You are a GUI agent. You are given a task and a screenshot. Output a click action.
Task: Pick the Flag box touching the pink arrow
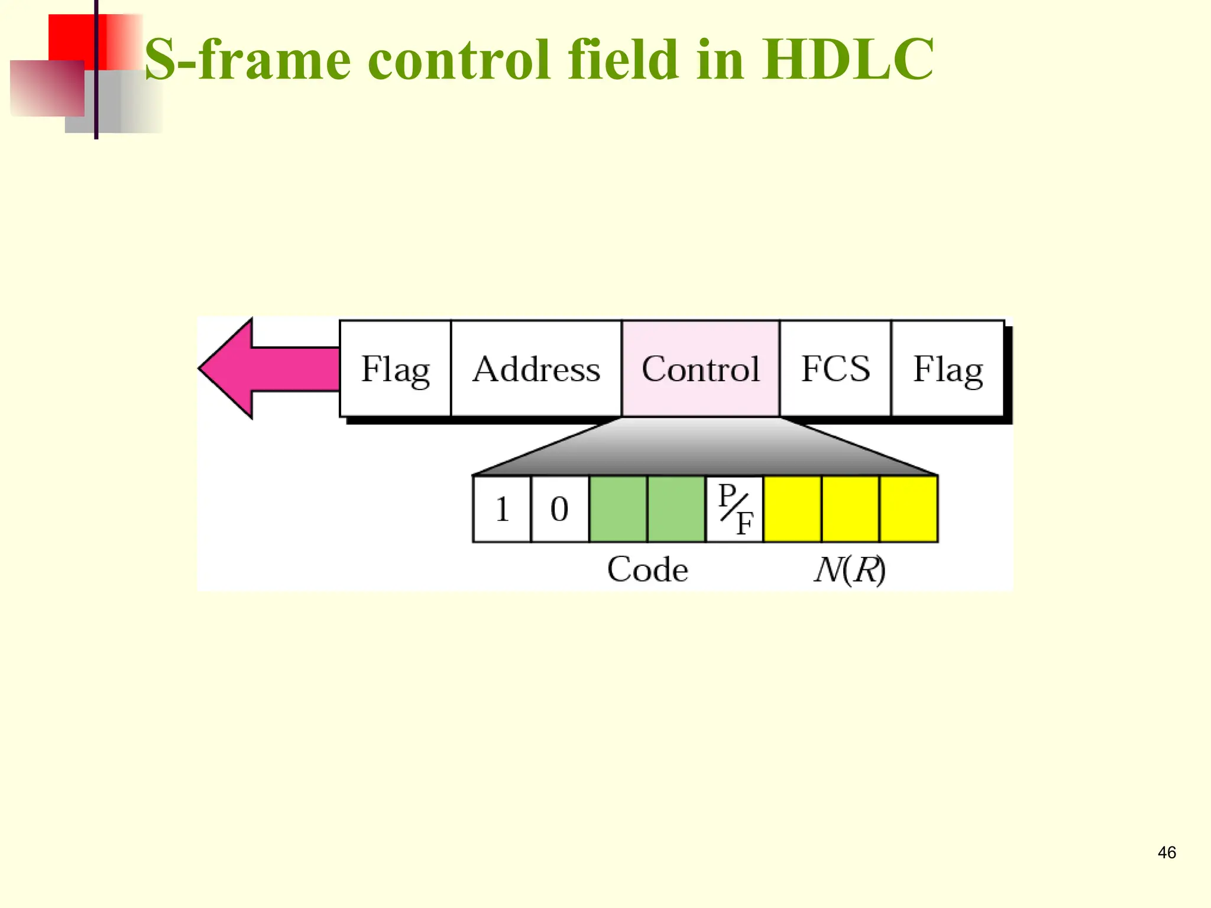point(395,369)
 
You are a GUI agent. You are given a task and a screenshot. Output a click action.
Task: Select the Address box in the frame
point(536,369)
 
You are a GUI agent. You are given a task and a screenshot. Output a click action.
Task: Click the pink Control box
point(701,369)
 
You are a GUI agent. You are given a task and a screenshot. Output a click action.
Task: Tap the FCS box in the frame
point(835,369)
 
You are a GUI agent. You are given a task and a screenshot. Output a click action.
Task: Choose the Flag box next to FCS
point(947,369)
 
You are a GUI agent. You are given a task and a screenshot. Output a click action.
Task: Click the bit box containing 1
point(502,509)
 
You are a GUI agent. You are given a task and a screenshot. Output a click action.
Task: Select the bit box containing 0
point(559,509)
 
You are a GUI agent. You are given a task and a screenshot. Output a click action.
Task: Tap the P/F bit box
point(735,509)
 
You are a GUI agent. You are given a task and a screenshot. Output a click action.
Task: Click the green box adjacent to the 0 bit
point(618,509)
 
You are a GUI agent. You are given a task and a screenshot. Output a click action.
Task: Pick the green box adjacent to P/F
point(676,509)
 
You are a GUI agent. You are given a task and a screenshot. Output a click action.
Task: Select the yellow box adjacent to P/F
point(792,509)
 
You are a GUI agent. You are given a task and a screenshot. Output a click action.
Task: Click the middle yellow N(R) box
point(850,509)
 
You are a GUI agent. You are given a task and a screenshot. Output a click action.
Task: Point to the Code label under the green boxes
point(647,570)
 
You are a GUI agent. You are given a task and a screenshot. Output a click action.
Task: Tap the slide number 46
point(1167,852)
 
